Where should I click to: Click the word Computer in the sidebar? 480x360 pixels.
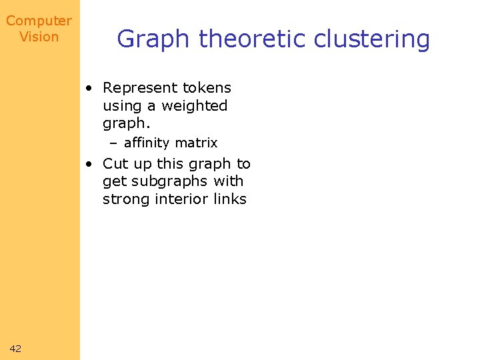click(x=39, y=21)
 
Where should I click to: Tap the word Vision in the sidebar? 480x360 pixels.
click(x=39, y=37)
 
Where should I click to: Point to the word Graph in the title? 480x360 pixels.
click(x=153, y=39)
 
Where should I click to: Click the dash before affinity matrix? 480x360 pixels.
click(x=114, y=143)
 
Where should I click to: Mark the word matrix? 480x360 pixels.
click(x=195, y=143)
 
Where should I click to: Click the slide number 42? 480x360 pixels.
click(x=16, y=348)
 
